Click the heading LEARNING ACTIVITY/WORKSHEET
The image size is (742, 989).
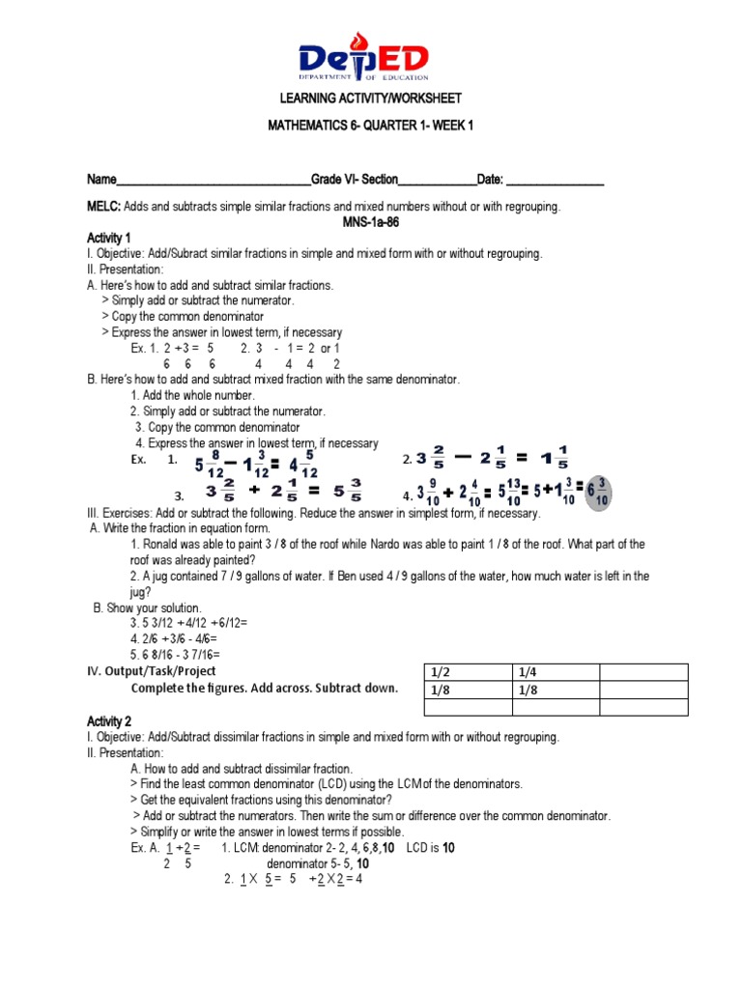371,99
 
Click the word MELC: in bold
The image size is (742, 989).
103,207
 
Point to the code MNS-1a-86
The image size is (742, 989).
371,221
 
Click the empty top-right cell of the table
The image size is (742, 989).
643,672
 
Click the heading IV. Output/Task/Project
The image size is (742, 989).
152,671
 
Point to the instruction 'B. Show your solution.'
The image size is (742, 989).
148,608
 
